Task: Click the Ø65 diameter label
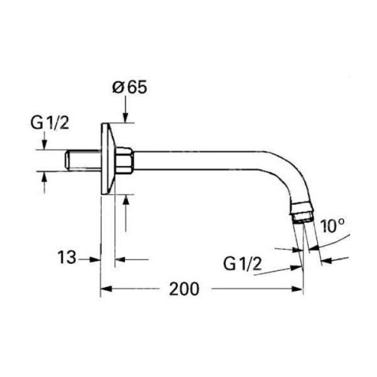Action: (x=129, y=87)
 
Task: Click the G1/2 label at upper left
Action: (x=50, y=123)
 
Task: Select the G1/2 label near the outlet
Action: (x=243, y=264)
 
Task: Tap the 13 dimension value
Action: (x=67, y=257)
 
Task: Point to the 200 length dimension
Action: (x=184, y=289)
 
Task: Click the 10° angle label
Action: (x=333, y=226)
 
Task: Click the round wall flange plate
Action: (x=108, y=159)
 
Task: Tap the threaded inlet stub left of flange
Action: (x=83, y=160)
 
